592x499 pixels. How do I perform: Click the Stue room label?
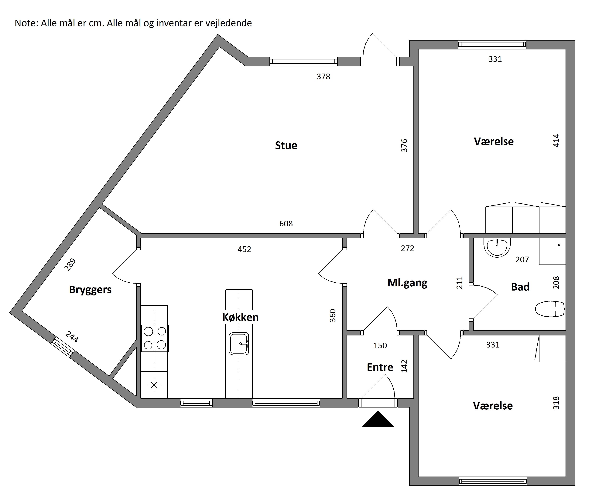(286, 145)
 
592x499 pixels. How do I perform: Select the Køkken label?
(241, 317)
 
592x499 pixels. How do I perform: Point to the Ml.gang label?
(407, 283)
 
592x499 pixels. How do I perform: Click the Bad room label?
(520, 287)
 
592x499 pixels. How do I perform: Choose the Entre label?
(380, 367)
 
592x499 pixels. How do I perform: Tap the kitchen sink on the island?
(239, 344)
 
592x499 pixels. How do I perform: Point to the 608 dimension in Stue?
(286, 224)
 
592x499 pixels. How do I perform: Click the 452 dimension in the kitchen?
(245, 249)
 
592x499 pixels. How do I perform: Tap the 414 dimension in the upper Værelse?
(556, 141)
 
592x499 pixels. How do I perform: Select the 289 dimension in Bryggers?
(70, 264)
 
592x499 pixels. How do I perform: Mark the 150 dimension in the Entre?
(380, 345)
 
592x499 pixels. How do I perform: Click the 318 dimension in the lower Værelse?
(556, 403)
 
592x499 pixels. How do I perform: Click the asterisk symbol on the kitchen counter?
(154, 385)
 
